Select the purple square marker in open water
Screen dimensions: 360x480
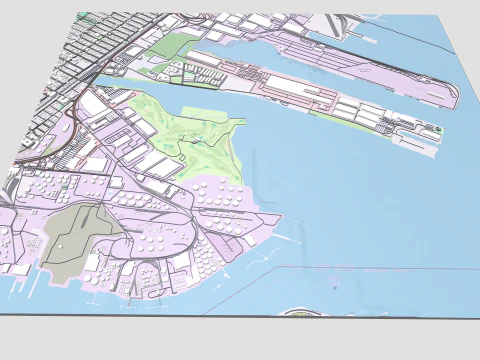334,286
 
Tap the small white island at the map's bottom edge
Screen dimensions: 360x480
306,313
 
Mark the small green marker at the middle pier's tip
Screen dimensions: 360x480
436,130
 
